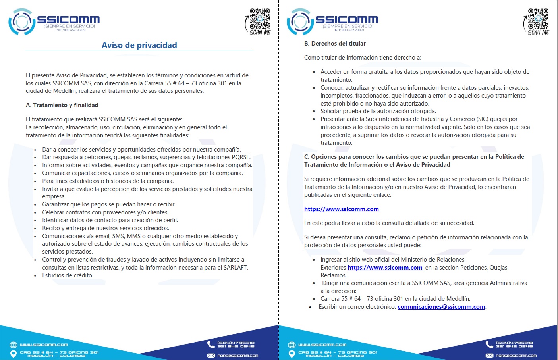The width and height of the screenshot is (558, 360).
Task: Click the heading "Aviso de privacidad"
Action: click(x=139, y=45)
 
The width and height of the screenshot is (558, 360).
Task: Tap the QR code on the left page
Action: click(x=260, y=19)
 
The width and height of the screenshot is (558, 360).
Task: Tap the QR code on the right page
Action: click(x=539, y=19)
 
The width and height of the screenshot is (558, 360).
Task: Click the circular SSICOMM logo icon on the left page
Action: click(x=21, y=21)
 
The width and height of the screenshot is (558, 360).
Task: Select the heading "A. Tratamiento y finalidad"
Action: click(x=62, y=105)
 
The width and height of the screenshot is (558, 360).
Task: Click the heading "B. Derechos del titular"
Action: click(x=335, y=44)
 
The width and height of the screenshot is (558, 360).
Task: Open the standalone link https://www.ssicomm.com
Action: click(x=341, y=209)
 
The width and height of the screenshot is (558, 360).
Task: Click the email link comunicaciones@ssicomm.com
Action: click(x=441, y=307)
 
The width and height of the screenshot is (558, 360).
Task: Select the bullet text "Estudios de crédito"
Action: click(x=67, y=275)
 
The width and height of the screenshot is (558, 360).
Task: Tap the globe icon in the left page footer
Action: click(x=14, y=345)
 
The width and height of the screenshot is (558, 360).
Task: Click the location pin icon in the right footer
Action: click(x=292, y=354)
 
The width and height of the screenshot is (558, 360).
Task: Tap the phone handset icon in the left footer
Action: click(x=211, y=344)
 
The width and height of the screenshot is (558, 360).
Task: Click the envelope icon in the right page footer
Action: click(x=489, y=356)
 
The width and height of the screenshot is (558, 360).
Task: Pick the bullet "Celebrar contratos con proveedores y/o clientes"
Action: click(x=105, y=212)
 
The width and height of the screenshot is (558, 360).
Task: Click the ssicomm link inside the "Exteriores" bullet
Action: click(x=385, y=268)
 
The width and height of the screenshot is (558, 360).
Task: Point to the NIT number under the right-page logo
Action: click(x=349, y=30)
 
